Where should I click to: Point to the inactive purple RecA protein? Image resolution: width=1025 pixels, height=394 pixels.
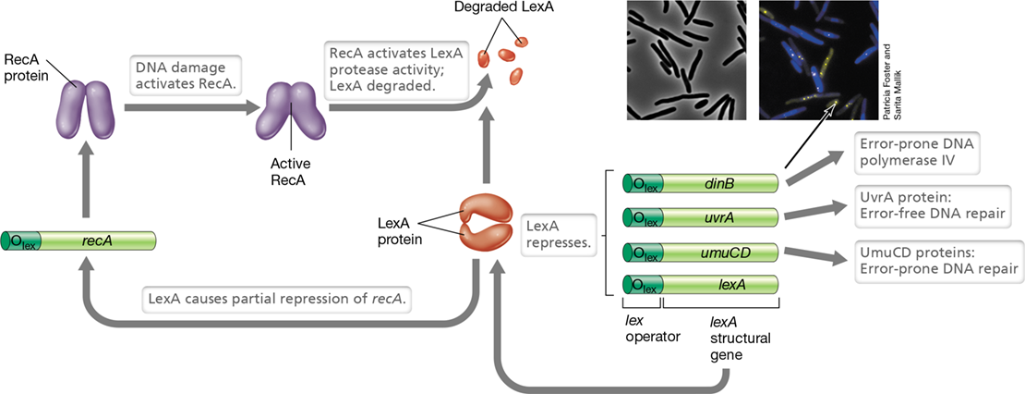point(83,109)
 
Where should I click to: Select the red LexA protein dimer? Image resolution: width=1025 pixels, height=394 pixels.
point(486,225)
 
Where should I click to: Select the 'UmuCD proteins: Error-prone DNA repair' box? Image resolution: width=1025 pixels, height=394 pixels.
point(936,260)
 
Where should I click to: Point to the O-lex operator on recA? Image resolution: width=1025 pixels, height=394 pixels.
point(21,240)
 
